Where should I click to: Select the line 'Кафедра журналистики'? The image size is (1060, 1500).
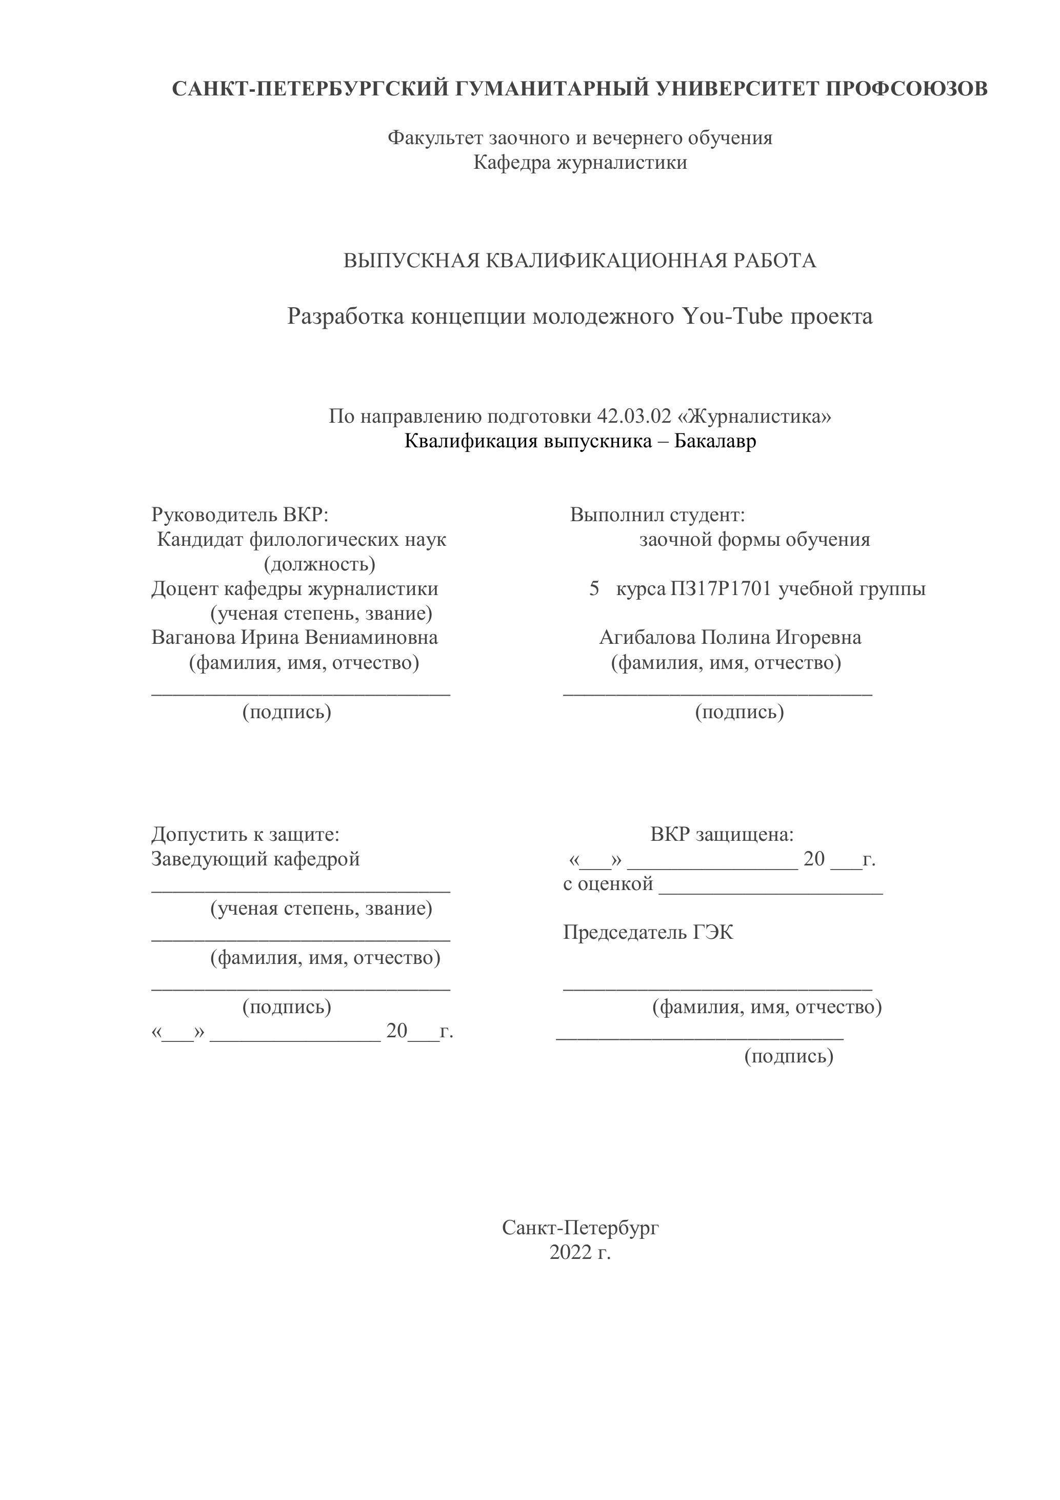point(580,162)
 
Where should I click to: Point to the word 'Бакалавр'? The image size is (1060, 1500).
point(715,441)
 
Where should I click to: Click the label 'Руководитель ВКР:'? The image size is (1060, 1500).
point(239,515)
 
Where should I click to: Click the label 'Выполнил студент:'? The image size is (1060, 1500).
point(657,515)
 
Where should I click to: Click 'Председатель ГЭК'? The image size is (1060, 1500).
point(648,932)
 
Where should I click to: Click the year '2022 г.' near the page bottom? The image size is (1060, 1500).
point(580,1252)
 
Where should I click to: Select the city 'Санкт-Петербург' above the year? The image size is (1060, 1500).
point(580,1228)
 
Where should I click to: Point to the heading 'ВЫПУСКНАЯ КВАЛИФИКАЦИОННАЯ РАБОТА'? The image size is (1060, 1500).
point(580,261)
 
